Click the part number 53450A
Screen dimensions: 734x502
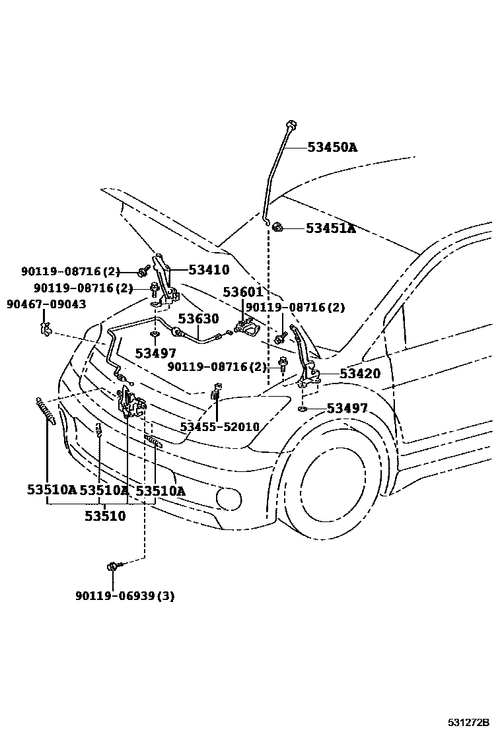332,147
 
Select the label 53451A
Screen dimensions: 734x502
330,229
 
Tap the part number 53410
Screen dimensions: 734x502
209,270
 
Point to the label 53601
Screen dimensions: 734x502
243,292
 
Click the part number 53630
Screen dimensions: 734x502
198,319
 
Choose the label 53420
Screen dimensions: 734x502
360,374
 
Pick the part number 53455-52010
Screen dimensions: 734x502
220,427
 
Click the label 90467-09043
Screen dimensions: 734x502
46,304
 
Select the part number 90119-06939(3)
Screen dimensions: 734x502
125,596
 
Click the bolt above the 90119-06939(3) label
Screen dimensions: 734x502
113,566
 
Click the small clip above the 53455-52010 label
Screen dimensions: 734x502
216,393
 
